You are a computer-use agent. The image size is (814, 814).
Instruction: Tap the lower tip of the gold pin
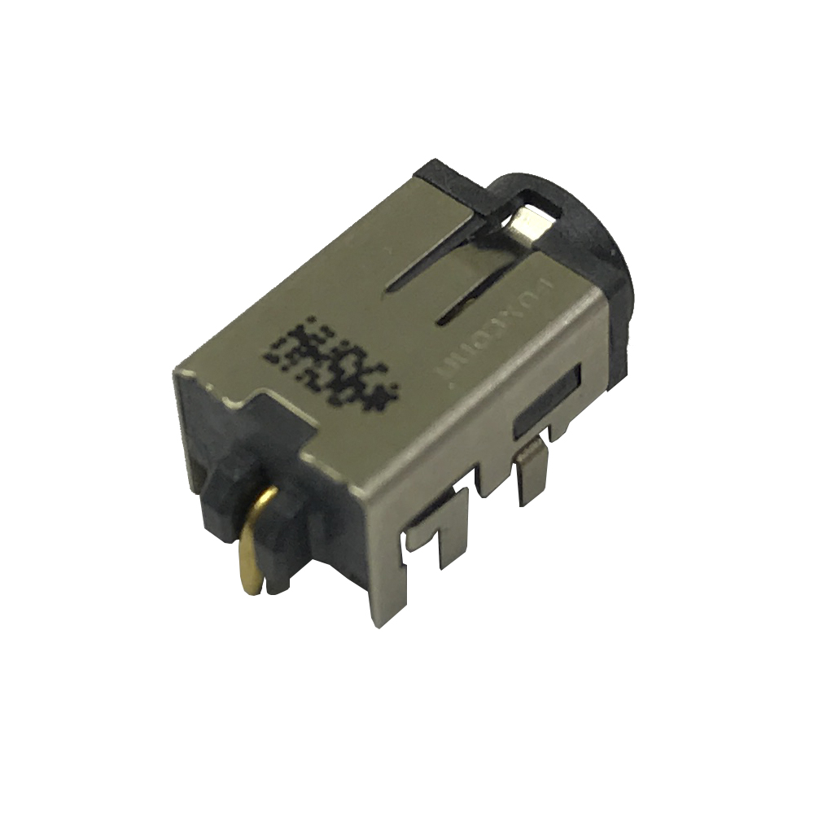[x=255, y=584]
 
